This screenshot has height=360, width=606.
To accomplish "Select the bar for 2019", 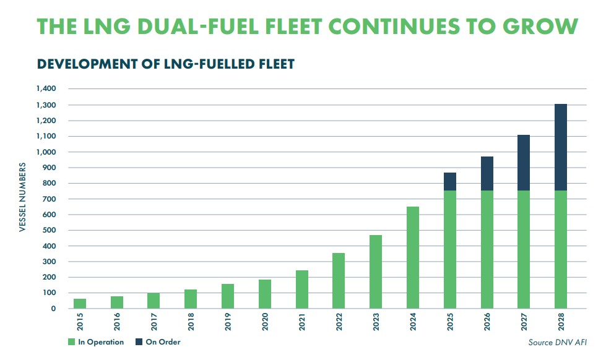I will (x=228, y=296).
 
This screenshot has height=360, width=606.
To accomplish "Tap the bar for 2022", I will (x=339, y=280).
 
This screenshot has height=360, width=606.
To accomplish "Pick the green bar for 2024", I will (x=412, y=257).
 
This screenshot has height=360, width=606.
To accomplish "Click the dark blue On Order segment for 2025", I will (x=449, y=181).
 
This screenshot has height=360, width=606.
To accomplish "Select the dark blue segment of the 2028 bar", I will (x=560, y=147).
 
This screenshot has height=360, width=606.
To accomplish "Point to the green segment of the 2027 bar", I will (x=524, y=249).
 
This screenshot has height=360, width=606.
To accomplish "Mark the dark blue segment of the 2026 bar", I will (x=487, y=173).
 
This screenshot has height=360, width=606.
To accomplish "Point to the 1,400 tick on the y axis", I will (x=46, y=89).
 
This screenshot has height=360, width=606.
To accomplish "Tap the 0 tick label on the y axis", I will (x=54, y=308).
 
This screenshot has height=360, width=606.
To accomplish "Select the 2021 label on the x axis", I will (x=303, y=324).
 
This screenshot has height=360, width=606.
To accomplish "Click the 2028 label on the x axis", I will (x=561, y=324).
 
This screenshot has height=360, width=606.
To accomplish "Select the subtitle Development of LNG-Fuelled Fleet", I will (x=166, y=64).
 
